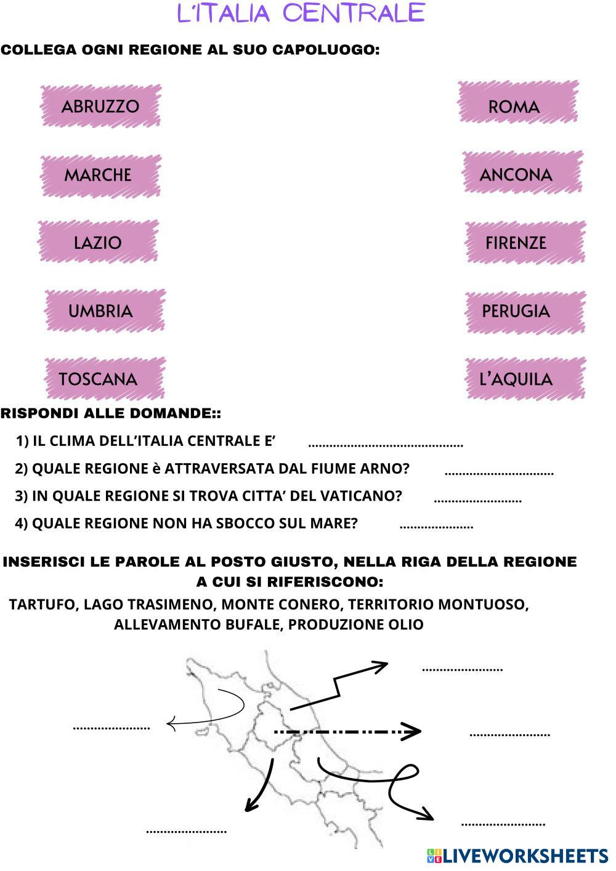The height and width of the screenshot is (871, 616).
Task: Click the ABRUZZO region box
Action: [x=100, y=106]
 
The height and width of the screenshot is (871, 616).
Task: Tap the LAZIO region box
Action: [x=98, y=243]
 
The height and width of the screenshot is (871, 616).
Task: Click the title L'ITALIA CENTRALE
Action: [x=301, y=14]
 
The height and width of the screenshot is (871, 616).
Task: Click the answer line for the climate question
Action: [x=385, y=443]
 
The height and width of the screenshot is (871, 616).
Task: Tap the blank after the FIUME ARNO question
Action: [x=499, y=471]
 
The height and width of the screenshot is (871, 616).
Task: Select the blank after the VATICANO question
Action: [x=477, y=499]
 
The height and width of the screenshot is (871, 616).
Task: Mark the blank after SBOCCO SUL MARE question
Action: [x=436, y=526]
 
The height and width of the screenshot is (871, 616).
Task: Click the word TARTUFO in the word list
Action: [x=43, y=604]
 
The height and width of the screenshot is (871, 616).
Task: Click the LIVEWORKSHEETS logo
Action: [x=517, y=856]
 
